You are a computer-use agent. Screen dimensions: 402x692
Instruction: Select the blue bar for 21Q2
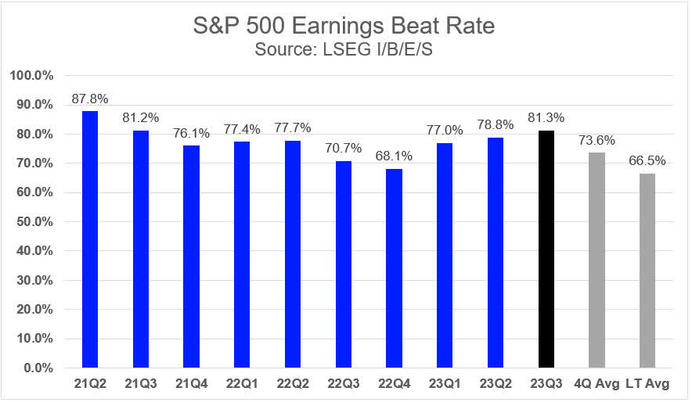(x=90, y=239)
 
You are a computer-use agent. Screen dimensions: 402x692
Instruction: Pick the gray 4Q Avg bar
(x=596, y=260)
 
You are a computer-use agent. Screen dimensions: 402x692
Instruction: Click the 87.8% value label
(x=90, y=99)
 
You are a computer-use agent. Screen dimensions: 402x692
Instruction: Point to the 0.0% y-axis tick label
(x=38, y=368)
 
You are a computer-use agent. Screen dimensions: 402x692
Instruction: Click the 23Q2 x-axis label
(x=495, y=385)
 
